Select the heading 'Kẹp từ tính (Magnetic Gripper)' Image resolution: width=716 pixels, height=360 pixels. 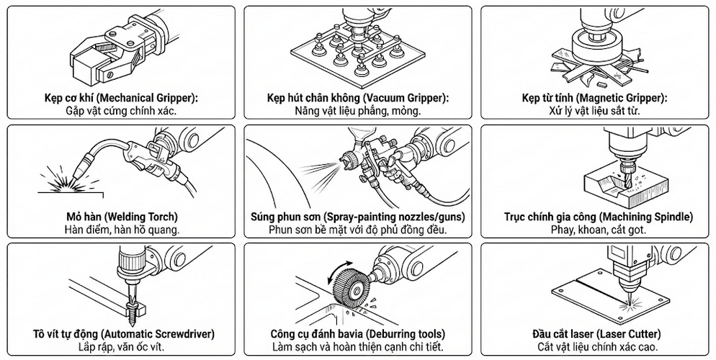point(594,98)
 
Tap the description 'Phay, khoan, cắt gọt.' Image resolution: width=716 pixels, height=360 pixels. point(594,230)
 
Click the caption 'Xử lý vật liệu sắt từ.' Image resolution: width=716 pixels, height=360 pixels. point(594,111)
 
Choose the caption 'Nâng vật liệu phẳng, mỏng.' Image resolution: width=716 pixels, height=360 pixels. point(358,111)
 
